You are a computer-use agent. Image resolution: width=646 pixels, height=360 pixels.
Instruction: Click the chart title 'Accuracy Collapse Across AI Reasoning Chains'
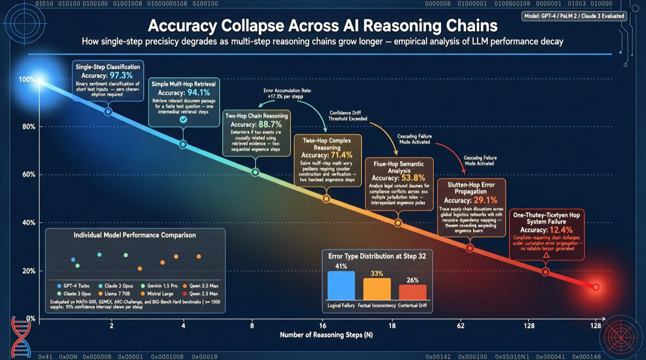click(322, 26)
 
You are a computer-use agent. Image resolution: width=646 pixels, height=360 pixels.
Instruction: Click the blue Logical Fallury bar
click(341, 285)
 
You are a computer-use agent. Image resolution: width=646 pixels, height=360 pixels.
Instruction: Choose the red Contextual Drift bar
click(412, 292)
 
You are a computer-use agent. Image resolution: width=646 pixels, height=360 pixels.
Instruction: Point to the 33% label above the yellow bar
click(377, 274)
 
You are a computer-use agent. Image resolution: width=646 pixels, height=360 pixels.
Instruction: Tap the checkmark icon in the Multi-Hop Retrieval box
click(184, 119)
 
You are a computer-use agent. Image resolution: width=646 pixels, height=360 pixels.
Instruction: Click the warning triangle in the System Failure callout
click(546, 255)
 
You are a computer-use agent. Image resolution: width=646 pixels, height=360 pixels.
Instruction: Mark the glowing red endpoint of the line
click(596, 287)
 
